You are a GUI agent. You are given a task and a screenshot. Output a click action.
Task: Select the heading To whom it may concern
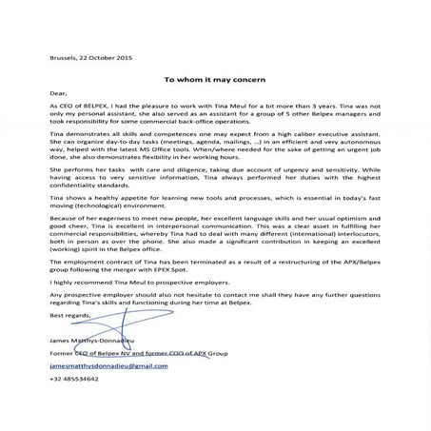(x=214, y=81)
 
